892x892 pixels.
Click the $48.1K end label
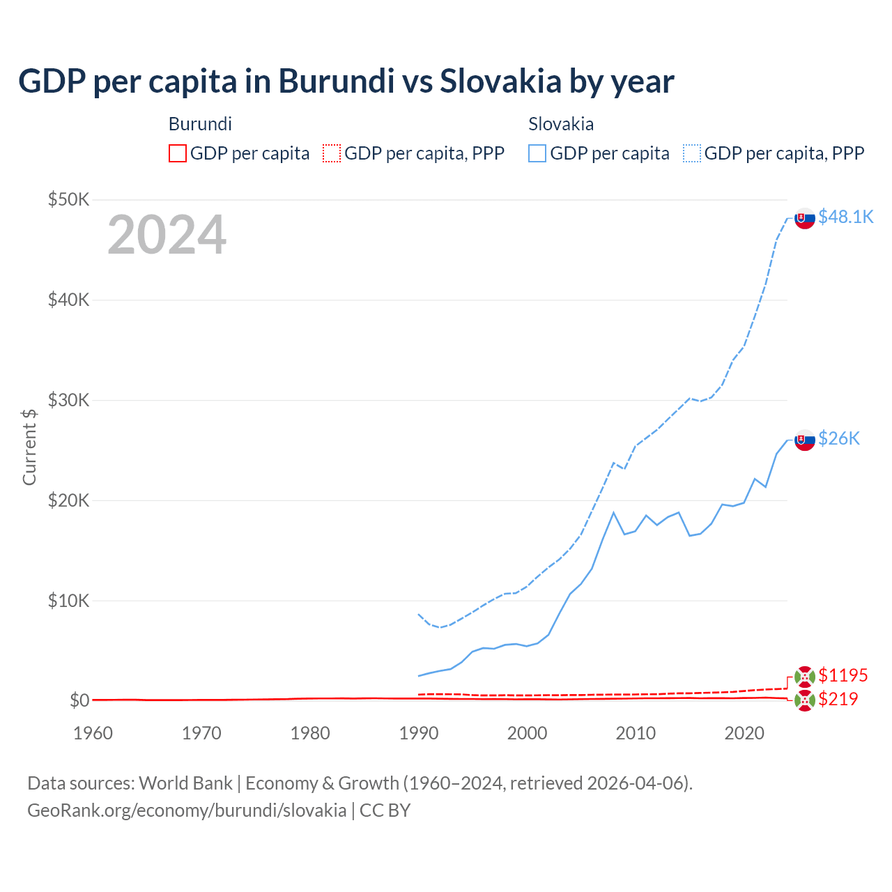click(x=845, y=217)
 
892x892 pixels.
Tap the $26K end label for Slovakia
click(x=839, y=438)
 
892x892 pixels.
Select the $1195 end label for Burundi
click(x=843, y=675)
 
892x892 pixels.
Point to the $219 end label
click(x=838, y=699)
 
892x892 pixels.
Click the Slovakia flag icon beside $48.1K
click(x=805, y=218)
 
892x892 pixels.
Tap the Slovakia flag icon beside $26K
click(x=805, y=440)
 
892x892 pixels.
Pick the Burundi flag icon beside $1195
click(x=805, y=677)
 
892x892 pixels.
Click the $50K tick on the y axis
click(x=69, y=200)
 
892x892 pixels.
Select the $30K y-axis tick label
click(x=69, y=400)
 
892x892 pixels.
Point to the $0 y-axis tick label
click(x=79, y=700)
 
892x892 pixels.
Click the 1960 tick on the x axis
click(x=93, y=733)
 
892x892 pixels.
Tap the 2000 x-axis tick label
click(x=527, y=733)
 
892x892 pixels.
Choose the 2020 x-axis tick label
click(x=744, y=733)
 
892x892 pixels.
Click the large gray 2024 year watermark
click(x=167, y=235)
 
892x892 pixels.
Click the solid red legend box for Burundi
click(x=178, y=153)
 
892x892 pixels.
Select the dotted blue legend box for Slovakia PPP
click(x=692, y=153)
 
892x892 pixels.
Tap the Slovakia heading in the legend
click(x=561, y=124)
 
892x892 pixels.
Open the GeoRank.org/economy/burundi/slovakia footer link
click(x=187, y=810)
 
